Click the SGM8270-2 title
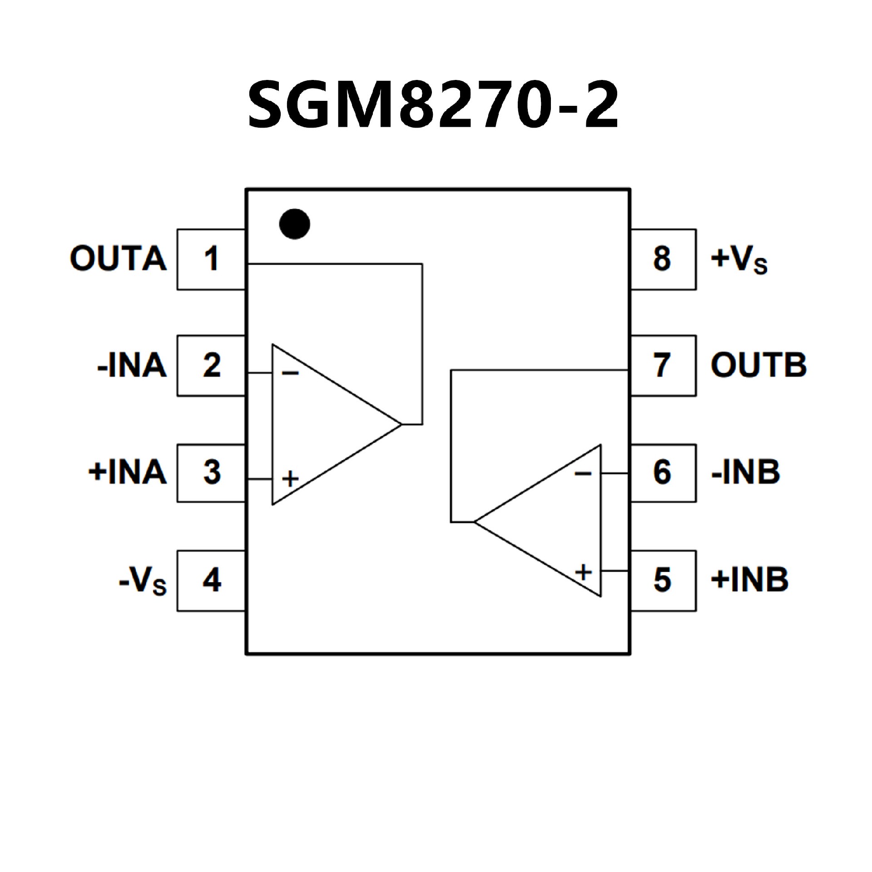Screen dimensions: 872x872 (x=433, y=105)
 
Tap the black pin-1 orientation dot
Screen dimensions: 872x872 (x=295, y=224)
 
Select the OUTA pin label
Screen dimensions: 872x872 (x=118, y=259)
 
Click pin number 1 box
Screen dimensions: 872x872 (x=211, y=259)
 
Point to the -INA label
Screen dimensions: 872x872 (x=132, y=365)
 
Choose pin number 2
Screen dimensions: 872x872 (x=211, y=366)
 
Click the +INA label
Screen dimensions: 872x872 (x=127, y=472)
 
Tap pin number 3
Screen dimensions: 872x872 (x=211, y=473)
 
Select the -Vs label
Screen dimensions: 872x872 (x=142, y=580)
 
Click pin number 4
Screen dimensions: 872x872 (x=211, y=580)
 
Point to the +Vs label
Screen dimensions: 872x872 (x=739, y=259)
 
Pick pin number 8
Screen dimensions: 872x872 (x=662, y=259)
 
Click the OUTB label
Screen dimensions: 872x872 (x=758, y=365)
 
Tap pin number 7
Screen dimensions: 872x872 (x=662, y=366)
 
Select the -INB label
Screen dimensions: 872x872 (x=745, y=472)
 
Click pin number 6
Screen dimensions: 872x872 (x=662, y=473)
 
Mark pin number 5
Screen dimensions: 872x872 (x=662, y=580)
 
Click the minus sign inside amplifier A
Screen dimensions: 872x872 (x=290, y=373)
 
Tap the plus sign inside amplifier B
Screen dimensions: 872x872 (x=584, y=572)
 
